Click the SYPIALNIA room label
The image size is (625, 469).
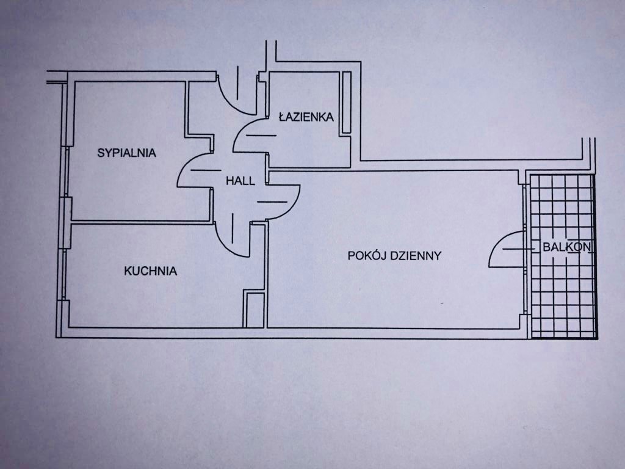(126, 153)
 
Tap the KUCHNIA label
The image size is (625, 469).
(150, 271)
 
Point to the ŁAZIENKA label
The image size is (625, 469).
(306, 117)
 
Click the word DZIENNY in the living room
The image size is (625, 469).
(417, 256)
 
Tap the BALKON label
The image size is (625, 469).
(566, 247)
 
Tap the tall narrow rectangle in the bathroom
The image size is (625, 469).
(346, 102)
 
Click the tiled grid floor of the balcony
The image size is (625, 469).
(562, 293)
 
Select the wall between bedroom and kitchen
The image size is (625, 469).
(140, 221)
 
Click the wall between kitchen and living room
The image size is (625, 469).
(266, 275)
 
